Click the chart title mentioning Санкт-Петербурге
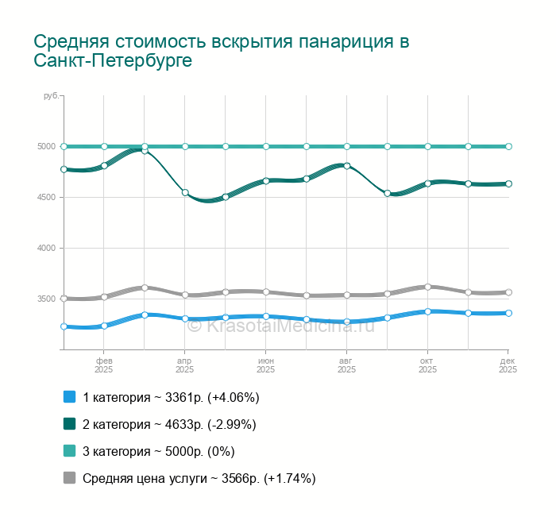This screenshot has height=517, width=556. (x=222, y=51)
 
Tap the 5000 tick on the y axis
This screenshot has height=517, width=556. (x=46, y=146)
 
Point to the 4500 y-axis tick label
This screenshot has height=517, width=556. (x=46, y=197)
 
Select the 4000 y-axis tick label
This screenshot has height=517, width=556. (x=46, y=248)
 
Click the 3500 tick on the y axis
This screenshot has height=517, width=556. (x=46, y=299)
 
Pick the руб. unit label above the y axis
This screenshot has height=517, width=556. (x=51, y=95)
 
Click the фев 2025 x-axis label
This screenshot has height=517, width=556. (x=104, y=365)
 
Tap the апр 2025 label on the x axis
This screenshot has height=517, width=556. (x=185, y=365)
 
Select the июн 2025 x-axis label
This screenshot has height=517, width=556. (x=266, y=365)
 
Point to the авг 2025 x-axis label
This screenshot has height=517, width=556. (x=347, y=365)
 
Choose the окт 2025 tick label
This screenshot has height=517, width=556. (x=428, y=365)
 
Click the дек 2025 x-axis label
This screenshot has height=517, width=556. (x=508, y=365)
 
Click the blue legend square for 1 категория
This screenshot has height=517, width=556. (x=69, y=396)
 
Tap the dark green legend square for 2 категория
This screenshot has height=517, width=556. (x=69, y=423)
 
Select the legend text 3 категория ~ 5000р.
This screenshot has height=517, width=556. (x=159, y=451)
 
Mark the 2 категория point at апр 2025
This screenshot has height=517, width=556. (x=185, y=192)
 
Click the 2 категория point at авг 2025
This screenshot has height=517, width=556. (x=347, y=165)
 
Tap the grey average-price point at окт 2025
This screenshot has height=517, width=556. (x=428, y=287)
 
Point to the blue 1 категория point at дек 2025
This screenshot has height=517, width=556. (x=508, y=313)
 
